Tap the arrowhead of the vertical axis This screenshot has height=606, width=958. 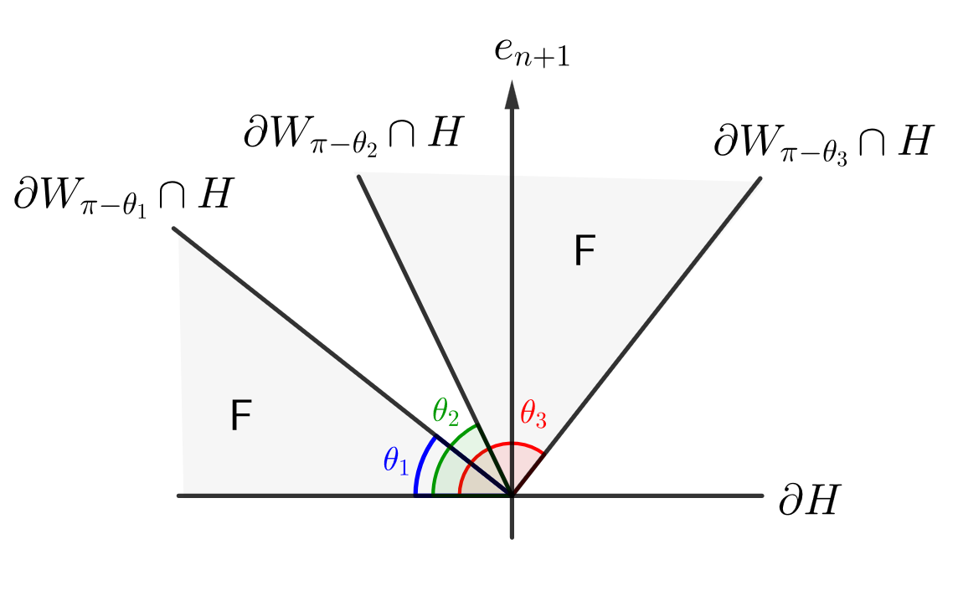pyautogui.click(x=512, y=92)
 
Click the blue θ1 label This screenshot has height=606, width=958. pyautogui.click(x=396, y=461)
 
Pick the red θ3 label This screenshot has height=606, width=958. pyautogui.click(x=533, y=414)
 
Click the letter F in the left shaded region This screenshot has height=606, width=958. pyautogui.click(x=241, y=417)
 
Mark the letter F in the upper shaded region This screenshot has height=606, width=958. pyautogui.click(x=584, y=251)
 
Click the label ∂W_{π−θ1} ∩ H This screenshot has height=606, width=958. pyautogui.click(x=122, y=197)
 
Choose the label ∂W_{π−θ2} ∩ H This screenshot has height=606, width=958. pyautogui.click(x=352, y=134)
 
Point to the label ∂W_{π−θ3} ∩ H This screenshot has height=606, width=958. pyautogui.click(x=822, y=142)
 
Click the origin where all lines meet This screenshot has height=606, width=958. pyautogui.click(x=512, y=496)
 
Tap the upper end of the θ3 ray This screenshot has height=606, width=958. pyautogui.click(x=760, y=177)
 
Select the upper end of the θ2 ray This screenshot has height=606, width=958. pyautogui.click(x=359, y=175)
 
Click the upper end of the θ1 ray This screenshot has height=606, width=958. pyautogui.click(x=174, y=229)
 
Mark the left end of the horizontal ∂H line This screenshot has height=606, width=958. pyautogui.click(x=179, y=496)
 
